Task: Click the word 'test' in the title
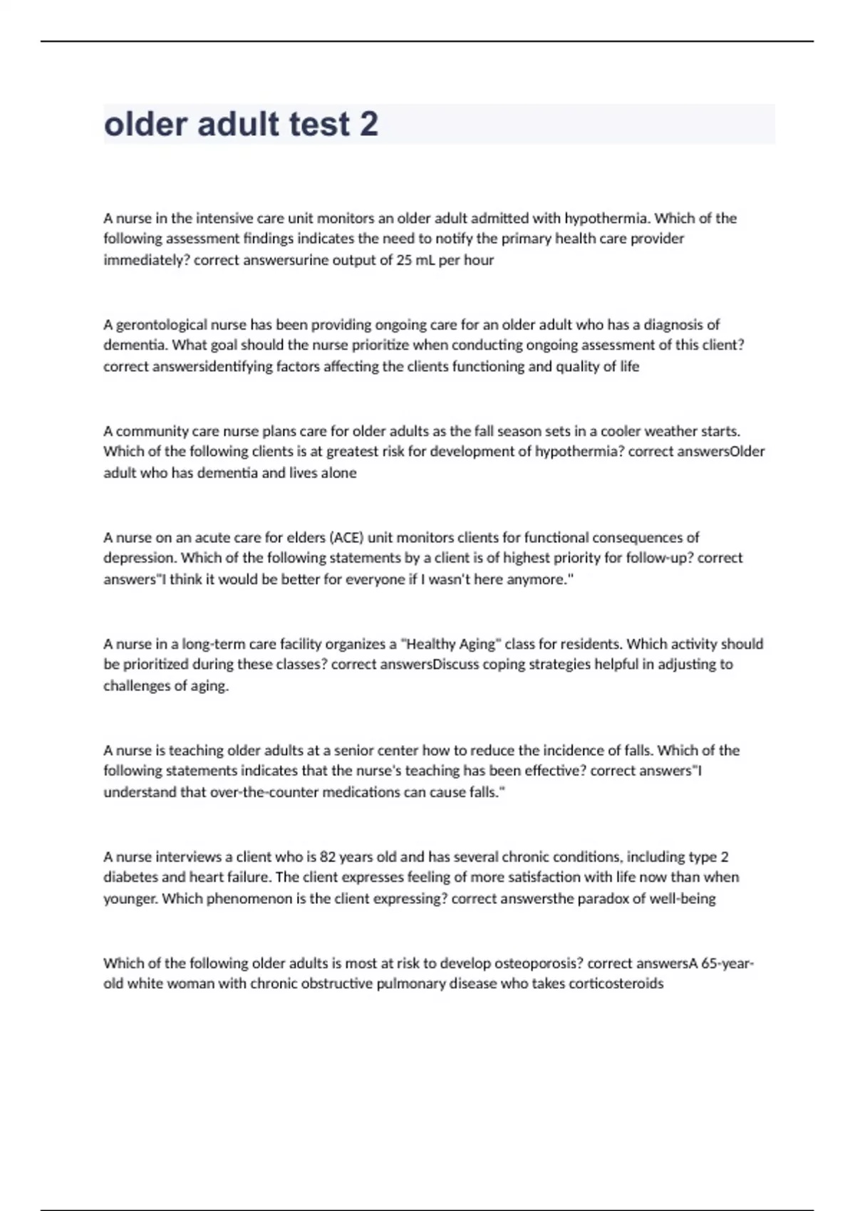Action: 319,125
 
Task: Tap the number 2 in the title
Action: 369,125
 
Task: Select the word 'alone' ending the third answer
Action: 339,473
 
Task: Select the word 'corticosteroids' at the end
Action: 616,984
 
